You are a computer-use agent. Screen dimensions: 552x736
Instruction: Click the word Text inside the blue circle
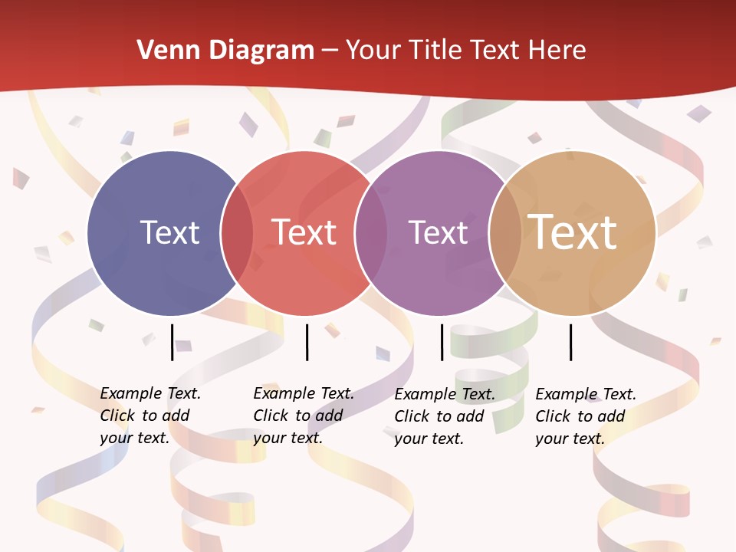[169, 232]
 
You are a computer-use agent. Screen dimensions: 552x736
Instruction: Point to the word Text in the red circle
[304, 232]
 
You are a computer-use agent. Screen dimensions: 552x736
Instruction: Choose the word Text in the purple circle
[438, 232]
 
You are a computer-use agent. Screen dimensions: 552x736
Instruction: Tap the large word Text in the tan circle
[573, 232]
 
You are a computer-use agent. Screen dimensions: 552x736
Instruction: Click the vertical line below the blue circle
[172, 342]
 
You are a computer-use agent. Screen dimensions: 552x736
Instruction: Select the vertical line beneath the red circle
[307, 342]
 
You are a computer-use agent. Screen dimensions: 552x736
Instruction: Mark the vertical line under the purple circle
[442, 342]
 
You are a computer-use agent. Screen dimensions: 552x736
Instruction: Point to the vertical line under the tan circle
[571, 342]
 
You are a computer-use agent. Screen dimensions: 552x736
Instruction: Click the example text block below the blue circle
[150, 416]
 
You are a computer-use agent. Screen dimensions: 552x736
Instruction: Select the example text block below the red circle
[304, 416]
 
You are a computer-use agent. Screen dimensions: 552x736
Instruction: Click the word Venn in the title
[159, 51]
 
